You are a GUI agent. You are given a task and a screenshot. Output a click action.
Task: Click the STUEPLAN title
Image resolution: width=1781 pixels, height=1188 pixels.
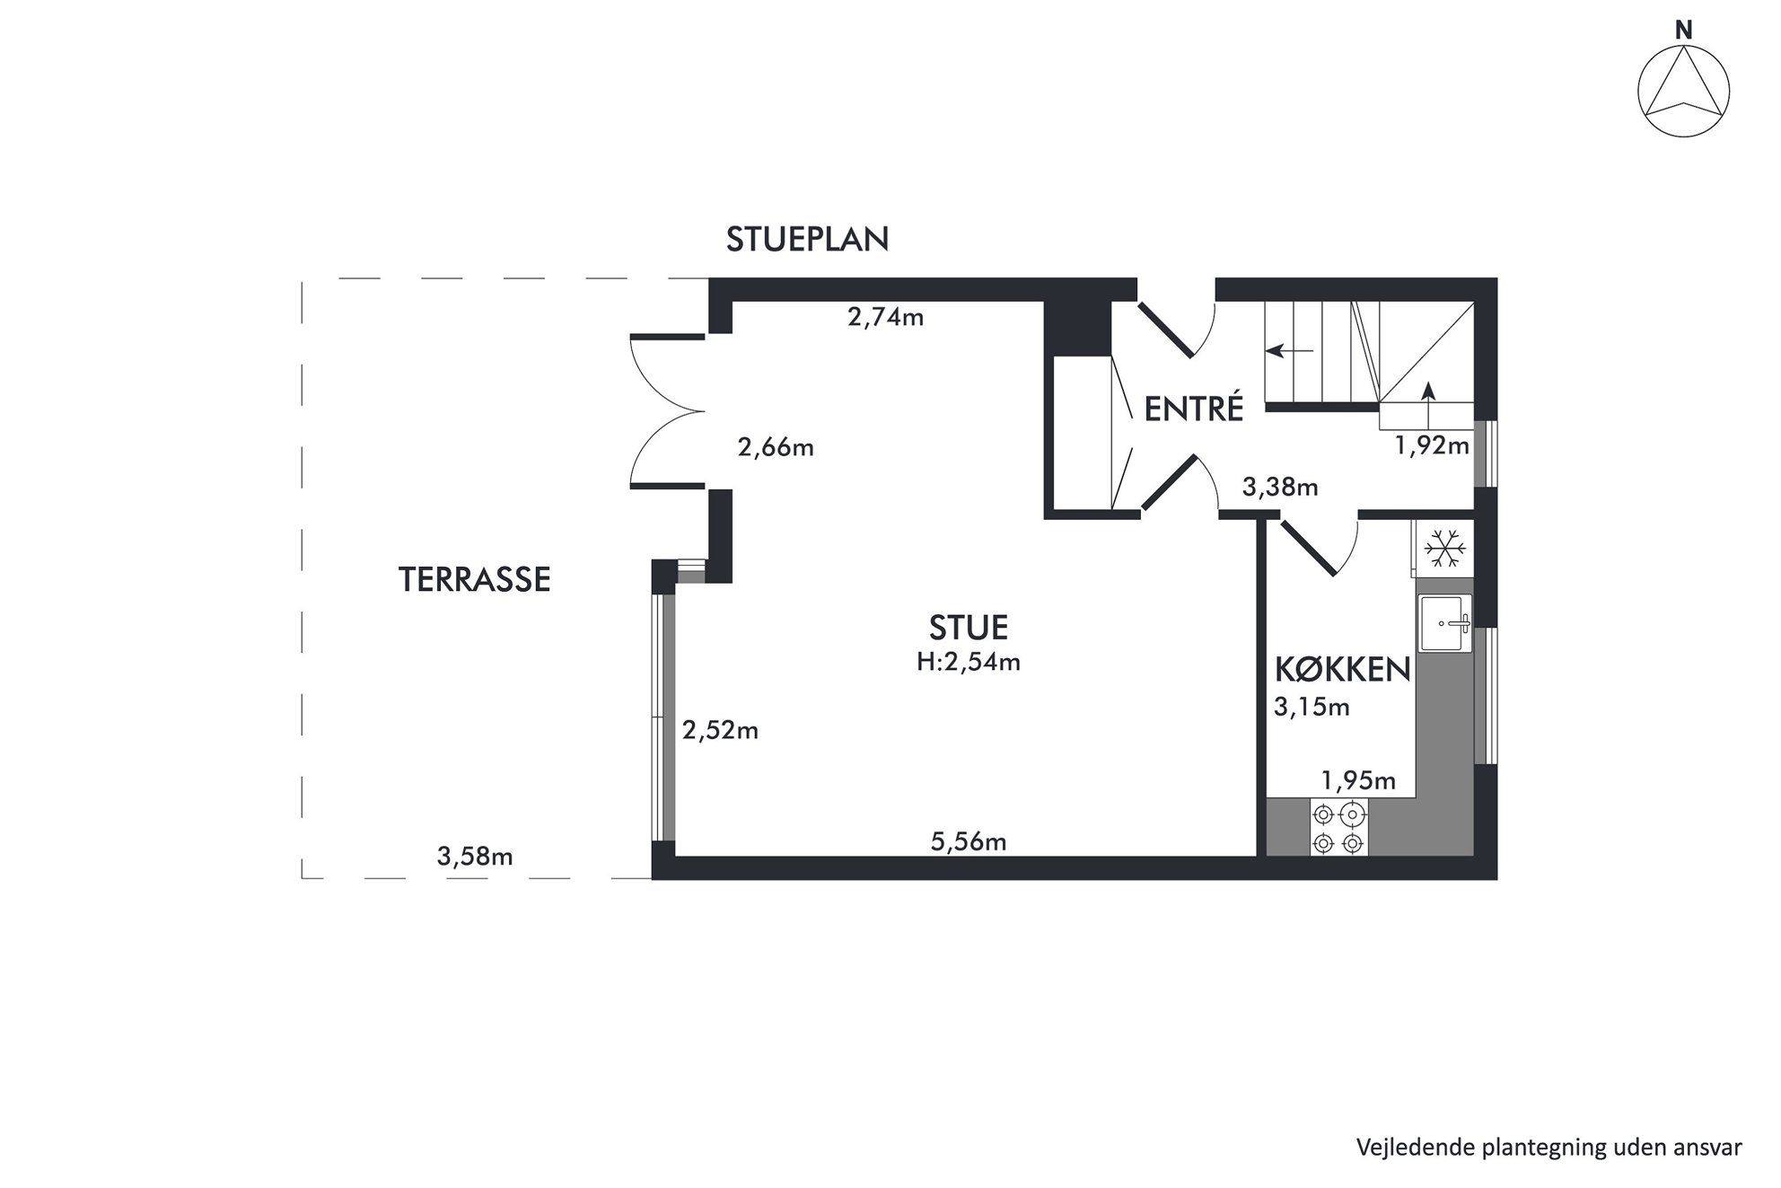click(x=807, y=240)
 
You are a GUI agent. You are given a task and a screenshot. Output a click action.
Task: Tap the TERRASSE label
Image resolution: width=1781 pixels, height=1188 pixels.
click(x=474, y=580)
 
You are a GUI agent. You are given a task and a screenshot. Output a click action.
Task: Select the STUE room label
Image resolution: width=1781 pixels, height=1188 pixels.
click(x=969, y=627)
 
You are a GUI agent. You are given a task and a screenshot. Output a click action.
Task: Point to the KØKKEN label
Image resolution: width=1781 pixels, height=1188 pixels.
click(x=1343, y=670)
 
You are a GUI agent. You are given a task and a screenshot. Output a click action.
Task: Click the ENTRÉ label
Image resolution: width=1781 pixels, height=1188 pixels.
click(x=1194, y=409)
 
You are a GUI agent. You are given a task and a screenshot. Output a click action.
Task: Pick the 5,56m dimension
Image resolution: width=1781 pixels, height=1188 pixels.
click(x=969, y=842)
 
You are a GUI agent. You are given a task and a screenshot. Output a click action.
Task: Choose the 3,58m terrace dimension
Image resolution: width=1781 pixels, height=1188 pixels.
click(x=475, y=858)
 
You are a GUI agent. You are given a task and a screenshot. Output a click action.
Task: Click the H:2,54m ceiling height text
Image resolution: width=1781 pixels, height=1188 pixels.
click(x=969, y=663)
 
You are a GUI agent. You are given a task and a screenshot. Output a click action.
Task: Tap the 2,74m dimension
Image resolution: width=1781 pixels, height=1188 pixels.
click(x=886, y=317)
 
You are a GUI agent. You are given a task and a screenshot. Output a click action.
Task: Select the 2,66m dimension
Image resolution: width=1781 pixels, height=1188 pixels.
click(x=776, y=447)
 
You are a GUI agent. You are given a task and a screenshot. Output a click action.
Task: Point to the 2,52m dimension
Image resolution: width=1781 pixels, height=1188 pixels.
click(x=720, y=731)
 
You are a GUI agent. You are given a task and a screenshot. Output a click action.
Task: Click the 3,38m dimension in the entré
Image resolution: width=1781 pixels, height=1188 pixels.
click(x=1280, y=488)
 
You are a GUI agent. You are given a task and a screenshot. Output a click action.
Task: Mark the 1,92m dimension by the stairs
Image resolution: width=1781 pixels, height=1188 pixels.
click(x=1432, y=445)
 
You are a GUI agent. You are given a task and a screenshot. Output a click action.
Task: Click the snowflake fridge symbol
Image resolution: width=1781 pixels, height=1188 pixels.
click(x=1445, y=548)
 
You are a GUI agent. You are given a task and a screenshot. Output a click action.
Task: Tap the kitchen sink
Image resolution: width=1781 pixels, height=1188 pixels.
click(x=1444, y=623)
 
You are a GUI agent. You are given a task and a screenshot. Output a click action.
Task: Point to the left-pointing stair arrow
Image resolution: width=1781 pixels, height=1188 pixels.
click(x=1289, y=351)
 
